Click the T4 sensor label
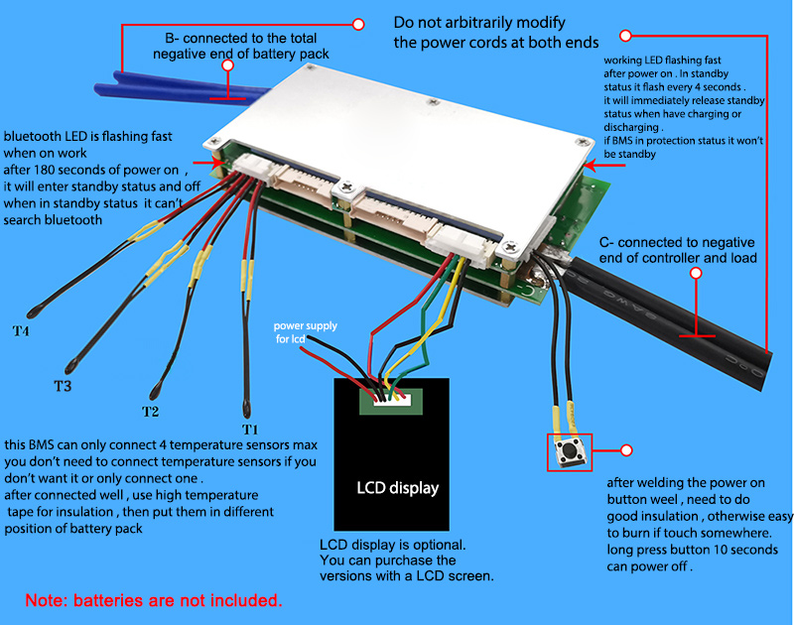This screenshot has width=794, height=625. pyautogui.click(x=20, y=330)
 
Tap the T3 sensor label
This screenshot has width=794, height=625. pyautogui.click(x=62, y=386)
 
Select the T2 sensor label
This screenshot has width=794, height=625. pyautogui.click(x=150, y=411)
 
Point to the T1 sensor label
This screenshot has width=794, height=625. pyautogui.click(x=250, y=429)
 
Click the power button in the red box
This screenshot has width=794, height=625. pyautogui.click(x=569, y=452)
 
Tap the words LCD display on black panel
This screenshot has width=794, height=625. pyautogui.click(x=397, y=488)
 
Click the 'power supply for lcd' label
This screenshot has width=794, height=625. pyautogui.click(x=305, y=332)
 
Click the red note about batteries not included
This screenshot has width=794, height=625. pyautogui.click(x=154, y=600)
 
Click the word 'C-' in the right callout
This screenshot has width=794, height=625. pyautogui.click(x=608, y=242)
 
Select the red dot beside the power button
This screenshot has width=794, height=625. pyautogui.click(x=625, y=450)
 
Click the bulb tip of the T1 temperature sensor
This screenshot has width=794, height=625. pyautogui.click(x=245, y=405)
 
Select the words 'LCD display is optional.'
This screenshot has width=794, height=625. pyautogui.click(x=392, y=545)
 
